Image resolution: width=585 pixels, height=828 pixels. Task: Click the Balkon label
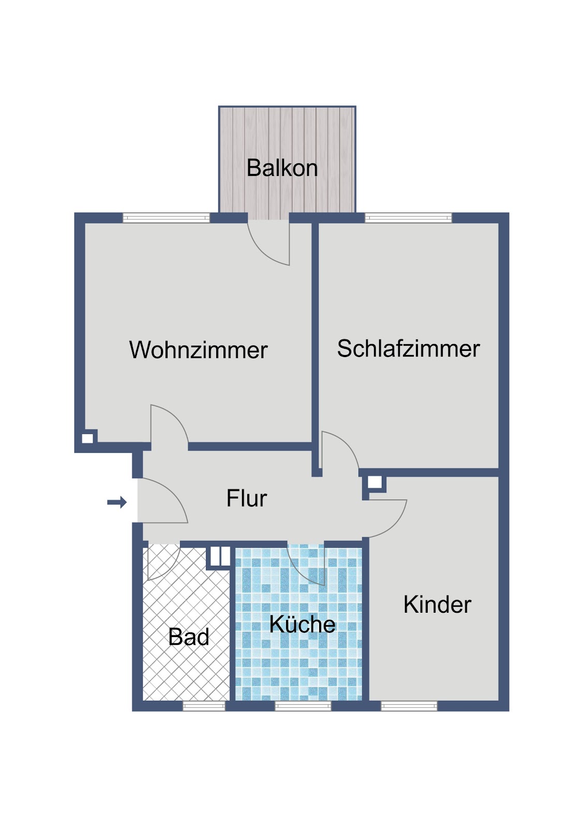282,168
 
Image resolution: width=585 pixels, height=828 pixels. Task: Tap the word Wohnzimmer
198,349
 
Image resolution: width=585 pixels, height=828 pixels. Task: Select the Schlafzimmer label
408,348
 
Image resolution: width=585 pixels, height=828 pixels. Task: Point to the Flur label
247,498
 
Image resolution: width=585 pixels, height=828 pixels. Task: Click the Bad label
188,637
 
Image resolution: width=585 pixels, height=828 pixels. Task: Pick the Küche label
302,624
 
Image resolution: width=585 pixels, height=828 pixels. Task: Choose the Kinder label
437,604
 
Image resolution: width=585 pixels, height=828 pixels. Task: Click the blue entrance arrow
117,502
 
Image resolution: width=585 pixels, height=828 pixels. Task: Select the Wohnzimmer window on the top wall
167,218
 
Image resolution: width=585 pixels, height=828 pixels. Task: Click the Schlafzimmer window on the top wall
408,218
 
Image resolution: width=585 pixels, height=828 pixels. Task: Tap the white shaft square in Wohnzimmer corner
87,438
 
